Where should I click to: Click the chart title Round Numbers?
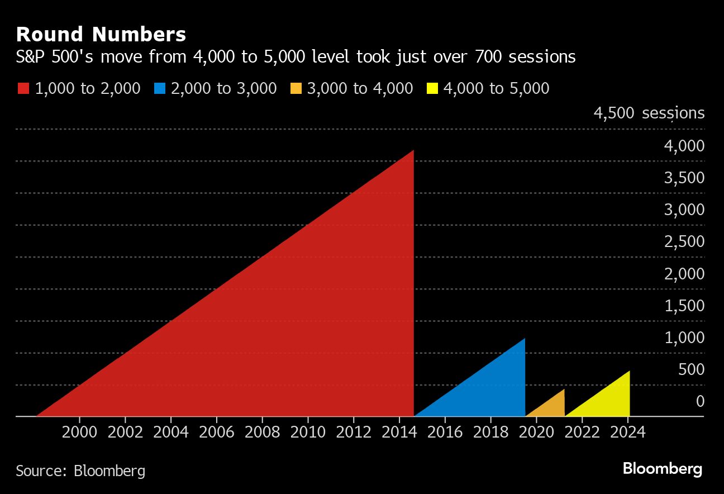101,35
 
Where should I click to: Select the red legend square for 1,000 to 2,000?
23,88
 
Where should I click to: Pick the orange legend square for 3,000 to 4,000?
296,88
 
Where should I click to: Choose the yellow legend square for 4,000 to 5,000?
431,88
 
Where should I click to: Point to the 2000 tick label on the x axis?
80,432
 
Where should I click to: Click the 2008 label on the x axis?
262,432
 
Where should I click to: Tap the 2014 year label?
399,432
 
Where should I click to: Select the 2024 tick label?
627,432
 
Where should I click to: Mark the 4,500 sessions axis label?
649,113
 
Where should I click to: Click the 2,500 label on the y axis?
684,241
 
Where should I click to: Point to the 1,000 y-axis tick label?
684,338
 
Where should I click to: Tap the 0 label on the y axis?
699,401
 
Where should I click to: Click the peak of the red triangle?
412,151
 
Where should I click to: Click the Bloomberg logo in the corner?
662,468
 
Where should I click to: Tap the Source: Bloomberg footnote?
80,471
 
